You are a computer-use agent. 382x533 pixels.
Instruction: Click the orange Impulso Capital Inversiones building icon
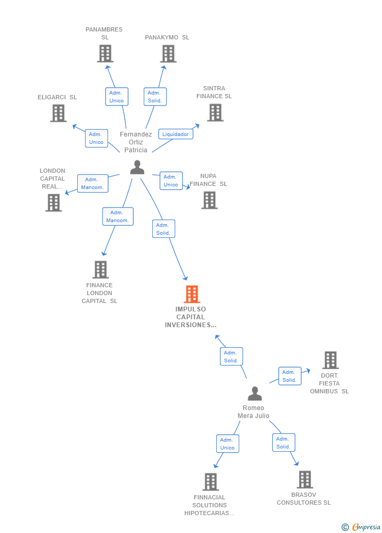point(192,294)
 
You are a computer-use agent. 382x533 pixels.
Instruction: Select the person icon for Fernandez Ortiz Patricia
point(137,167)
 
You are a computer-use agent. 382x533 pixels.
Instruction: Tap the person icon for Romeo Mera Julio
point(254,394)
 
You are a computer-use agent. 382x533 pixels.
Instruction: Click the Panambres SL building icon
point(105,54)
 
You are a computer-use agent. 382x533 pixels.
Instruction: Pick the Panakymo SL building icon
point(168,54)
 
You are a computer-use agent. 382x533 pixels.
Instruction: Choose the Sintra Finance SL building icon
point(215,112)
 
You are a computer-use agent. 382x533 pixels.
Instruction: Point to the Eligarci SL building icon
point(58,113)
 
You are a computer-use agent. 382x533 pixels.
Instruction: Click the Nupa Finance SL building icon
point(209,200)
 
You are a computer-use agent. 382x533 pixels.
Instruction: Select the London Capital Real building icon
point(54,202)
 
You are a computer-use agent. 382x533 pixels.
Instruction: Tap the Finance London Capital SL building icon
point(100,269)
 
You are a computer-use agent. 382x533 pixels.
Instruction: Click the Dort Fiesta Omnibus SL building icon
point(330,360)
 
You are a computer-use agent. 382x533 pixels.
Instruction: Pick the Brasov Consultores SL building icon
point(304,479)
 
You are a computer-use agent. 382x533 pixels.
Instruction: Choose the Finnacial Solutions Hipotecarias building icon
point(210,482)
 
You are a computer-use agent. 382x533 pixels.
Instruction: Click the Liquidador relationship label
point(175,134)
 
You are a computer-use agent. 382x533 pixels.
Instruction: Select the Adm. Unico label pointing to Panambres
point(116,97)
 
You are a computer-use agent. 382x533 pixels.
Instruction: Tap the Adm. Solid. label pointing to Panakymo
point(155,97)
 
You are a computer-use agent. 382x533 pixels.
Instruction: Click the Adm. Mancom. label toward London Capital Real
point(92,183)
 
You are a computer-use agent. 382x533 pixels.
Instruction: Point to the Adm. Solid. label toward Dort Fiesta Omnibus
point(290,376)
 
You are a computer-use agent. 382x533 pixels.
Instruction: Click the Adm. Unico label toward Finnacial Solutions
point(227,444)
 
